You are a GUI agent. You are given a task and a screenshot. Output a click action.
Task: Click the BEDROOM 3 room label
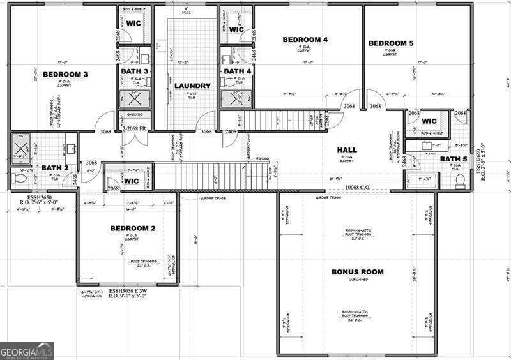pos(65,75)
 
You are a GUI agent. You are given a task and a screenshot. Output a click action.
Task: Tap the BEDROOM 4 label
pos(305,40)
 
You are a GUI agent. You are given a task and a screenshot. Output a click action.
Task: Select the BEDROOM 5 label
pos(391,43)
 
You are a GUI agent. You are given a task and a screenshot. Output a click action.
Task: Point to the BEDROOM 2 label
pos(133,228)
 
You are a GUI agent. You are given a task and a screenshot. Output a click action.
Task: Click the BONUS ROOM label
pos(357,272)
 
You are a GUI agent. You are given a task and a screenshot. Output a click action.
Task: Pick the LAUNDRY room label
pos(192,86)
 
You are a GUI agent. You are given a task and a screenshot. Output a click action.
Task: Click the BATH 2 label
pos(55,168)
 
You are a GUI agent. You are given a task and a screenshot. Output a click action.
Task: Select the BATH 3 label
pos(135,71)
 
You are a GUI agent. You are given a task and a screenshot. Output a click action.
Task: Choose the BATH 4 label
pos(238,71)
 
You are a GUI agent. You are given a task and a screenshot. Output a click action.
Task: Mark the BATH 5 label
pos(454,159)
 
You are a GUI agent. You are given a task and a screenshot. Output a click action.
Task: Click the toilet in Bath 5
pos(461,181)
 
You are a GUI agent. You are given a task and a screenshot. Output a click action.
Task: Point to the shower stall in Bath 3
pos(134,99)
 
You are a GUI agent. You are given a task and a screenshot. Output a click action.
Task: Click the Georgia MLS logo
pos(27,351)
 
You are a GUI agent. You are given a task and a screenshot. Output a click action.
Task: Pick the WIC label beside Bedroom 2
pos(131,181)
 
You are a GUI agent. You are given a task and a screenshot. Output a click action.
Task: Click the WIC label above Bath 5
pos(429,121)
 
